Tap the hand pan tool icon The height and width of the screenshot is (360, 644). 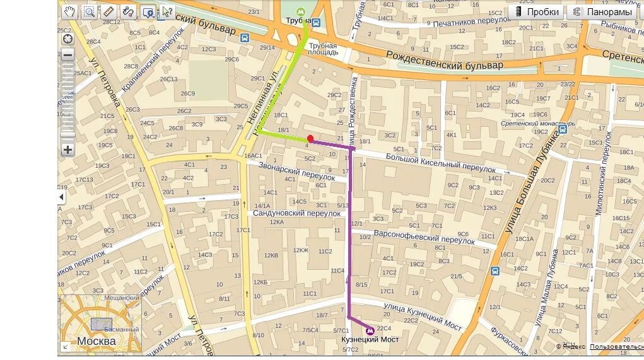click(70, 11)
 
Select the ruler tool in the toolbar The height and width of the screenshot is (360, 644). click(108, 11)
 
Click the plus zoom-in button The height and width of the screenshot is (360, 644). click(67, 150)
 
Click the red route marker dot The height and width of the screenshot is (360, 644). click(310, 139)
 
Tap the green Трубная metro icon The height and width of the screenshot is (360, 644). click(303, 11)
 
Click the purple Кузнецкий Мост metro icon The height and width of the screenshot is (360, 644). click(370, 329)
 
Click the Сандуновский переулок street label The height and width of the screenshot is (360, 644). click(296, 213)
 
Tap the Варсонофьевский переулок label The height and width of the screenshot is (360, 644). click(424, 237)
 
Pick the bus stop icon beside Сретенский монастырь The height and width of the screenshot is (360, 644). click(562, 130)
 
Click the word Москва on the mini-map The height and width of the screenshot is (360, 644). click(96, 341)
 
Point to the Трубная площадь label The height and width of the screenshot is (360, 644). click(323, 49)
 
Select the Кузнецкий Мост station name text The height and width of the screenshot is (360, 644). click(370, 340)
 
